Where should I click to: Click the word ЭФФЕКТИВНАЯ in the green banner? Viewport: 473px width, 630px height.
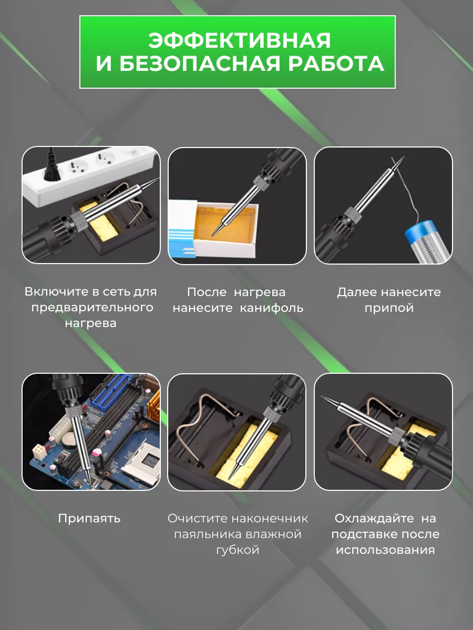point(239,40)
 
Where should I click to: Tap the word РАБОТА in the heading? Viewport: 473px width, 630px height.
point(336,64)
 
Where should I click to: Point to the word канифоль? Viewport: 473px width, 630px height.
point(271,308)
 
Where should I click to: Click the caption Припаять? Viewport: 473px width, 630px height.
point(89,519)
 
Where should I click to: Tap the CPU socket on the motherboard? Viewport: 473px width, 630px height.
point(141,463)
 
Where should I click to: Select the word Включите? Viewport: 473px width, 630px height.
point(56,291)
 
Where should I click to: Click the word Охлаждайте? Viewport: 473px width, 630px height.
point(374,518)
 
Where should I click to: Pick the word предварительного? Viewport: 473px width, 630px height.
point(92,308)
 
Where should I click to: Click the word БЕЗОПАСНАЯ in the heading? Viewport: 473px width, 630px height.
point(199,64)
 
